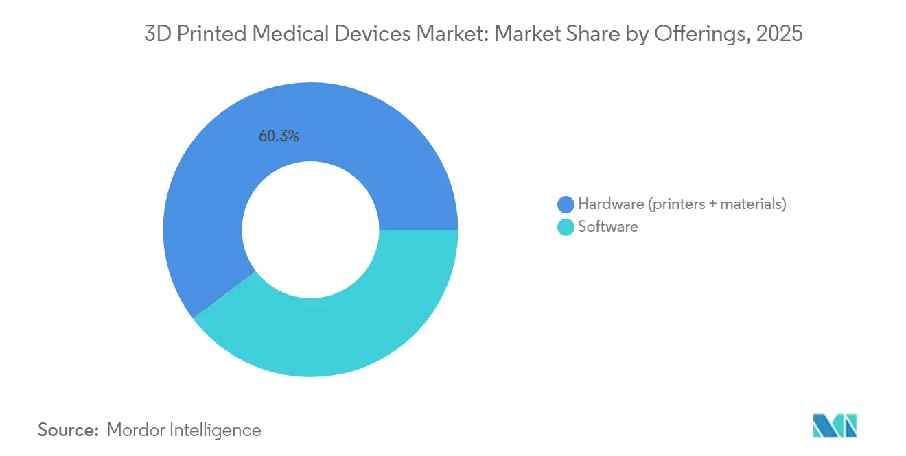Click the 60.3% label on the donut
[279, 136]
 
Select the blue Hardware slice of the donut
[206, 171]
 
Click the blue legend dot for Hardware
[566, 204]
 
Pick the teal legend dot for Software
[566, 227]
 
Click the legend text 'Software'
[608, 227]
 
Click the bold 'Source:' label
[69, 430]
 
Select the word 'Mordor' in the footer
[135, 430]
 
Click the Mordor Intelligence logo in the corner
[835, 426]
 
